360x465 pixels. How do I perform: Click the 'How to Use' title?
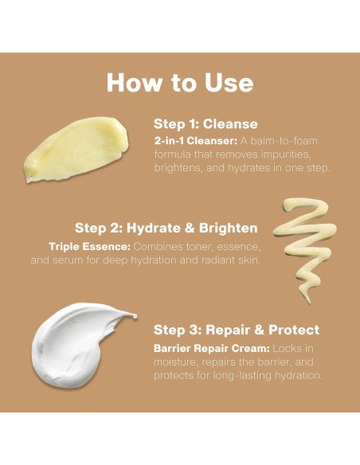180,83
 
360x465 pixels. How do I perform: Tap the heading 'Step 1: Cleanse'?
205,124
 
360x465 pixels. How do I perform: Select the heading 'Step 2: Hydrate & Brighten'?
166,228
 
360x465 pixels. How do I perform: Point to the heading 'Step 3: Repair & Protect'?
237,330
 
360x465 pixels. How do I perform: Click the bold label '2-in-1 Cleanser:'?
196,141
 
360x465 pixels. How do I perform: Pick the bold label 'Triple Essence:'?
89,247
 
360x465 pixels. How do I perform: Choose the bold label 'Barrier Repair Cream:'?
212,349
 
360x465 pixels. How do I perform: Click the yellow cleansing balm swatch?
76,149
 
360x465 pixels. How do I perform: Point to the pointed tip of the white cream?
136,316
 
